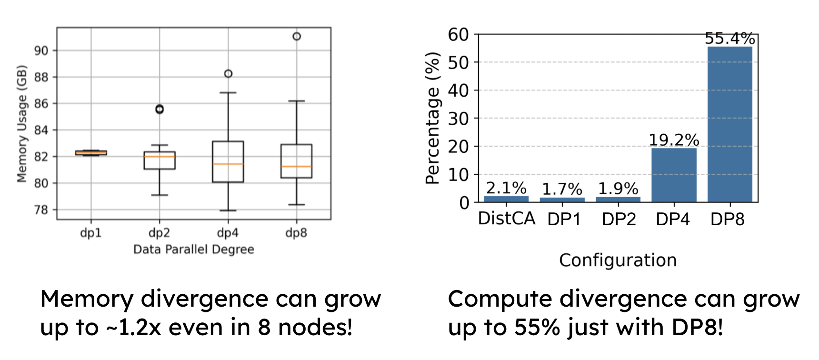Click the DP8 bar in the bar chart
pyautogui.click(x=729, y=124)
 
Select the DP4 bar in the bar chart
pyautogui.click(x=674, y=175)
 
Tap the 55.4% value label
pyautogui.click(x=729, y=39)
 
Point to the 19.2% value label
pyautogui.click(x=674, y=140)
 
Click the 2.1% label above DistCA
pyautogui.click(x=506, y=188)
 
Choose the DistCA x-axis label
pyautogui.click(x=506, y=219)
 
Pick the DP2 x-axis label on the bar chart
pyautogui.click(x=619, y=220)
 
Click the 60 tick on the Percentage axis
pyautogui.click(x=458, y=34)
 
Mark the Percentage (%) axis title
pyautogui.click(x=432, y=118)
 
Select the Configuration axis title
pyautogui.click(x=618, y=260)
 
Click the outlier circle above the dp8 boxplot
pyautogui.click(x=297, y=37)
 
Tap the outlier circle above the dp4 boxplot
pyautogui.click(x=228, y=74)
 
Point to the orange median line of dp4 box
pyautogui.click(x=228, y=164)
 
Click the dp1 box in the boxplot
pyautogui.click(x=91, y=153)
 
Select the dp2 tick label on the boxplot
pyautogui.click(x=159, y=233)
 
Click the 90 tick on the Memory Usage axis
pyautogui.click(x=41, y=50)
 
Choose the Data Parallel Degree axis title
pyautogui.click(x=193, y=250)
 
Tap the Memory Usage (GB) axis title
pyautogui.click(x=21, y=124)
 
